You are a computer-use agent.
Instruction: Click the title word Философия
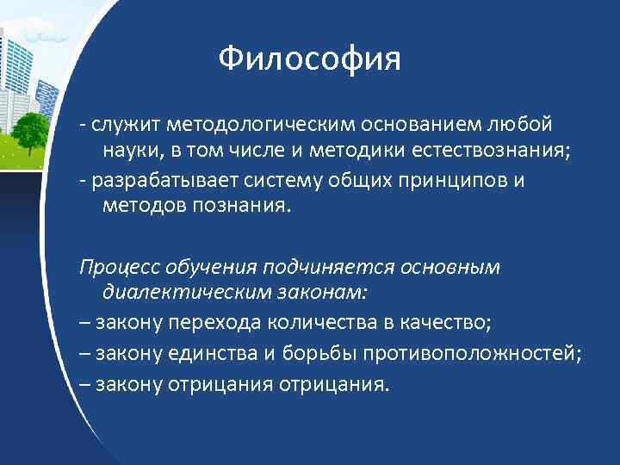click(x=309, y=59)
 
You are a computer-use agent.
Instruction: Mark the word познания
click(x=246, y=207)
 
